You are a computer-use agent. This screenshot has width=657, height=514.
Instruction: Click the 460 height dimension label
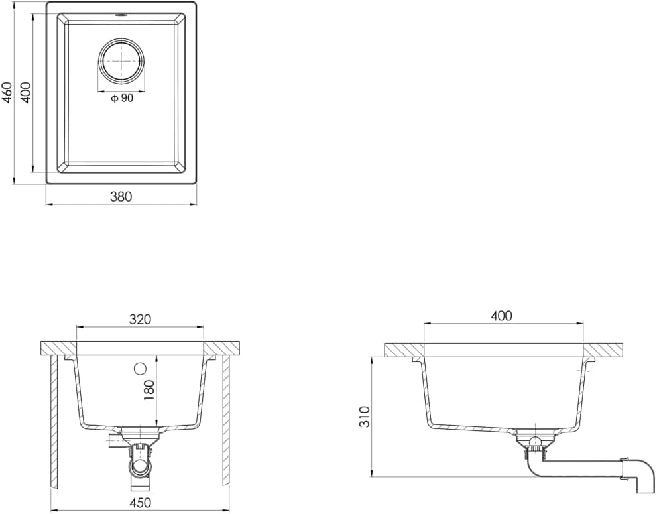point(7,92)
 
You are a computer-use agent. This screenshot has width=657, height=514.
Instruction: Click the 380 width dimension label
point(121,196)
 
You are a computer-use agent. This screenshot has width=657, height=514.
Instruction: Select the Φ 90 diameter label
point(122,98)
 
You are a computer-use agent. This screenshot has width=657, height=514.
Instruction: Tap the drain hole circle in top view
point(121,60)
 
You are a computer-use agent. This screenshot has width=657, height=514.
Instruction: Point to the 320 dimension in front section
point(139,320)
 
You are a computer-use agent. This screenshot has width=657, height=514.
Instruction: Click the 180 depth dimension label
point(149,389)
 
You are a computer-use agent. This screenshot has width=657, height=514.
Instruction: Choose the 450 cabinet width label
point(140,502)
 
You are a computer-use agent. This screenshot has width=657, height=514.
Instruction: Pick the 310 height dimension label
point(365,417)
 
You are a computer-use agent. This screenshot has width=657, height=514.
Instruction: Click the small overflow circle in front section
point(140,369)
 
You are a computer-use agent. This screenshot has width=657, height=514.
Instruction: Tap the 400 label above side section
point(502,316)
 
